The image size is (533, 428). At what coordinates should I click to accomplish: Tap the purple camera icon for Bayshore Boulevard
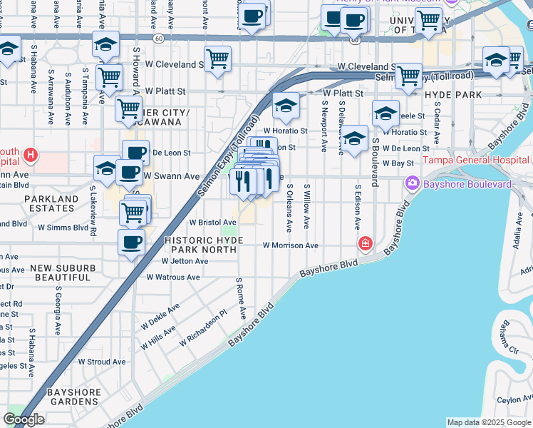pyautogui.click(x=412, y=184)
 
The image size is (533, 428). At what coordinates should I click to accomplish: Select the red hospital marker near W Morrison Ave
pyautogui.click(x=366, y=245)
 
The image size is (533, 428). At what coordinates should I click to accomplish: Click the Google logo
pyautogui.click(x=24, y=419)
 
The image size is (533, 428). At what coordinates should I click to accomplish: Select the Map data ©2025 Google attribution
pyautogui.click(x=489, y=422)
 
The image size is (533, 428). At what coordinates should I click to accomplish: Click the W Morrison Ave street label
pyautogui.click(x=290, y=245)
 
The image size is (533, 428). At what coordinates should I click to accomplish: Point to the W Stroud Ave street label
pyautogui.click(x=102, y=362)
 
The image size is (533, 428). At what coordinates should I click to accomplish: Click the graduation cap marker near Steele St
pyautogui.click(x=385, y=113)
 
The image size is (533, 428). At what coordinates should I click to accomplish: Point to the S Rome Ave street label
pyautogui.click(x=242, y=298)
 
